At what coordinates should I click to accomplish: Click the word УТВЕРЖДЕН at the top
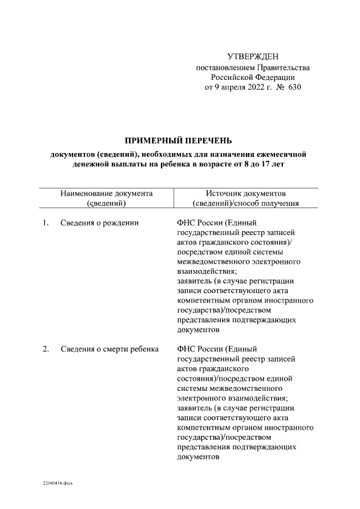pos(253,57)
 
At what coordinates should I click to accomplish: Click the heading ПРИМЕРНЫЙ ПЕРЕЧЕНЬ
pos(178,140)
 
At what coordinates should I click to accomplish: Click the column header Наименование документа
pos(106,193)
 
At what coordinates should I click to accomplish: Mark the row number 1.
pos(45,223)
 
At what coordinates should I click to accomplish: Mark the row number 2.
pos(45,349)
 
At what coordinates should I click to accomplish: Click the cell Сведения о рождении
pos(100,223)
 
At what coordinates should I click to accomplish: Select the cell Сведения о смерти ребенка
pos(110,349)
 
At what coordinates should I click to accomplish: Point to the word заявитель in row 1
pos(195,281)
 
